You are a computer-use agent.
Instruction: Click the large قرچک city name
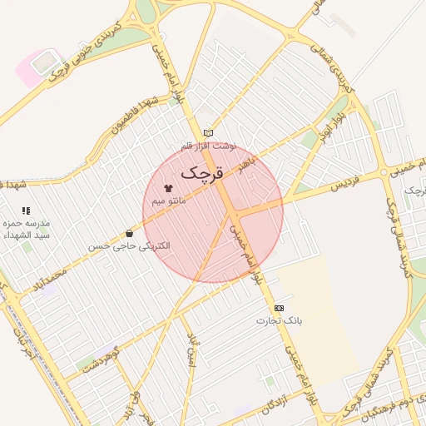[x=202, y=173]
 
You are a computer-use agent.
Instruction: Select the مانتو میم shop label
[x=169, y=201]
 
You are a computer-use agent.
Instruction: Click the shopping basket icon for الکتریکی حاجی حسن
[x=129, y=234]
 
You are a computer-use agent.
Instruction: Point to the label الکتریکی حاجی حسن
[x=129, y=246]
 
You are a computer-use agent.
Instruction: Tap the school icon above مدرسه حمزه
[x=26, y=211]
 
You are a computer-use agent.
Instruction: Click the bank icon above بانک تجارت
[x=278, y=308]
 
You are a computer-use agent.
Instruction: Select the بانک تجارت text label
[x=280, y=320]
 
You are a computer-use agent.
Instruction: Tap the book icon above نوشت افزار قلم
[x=208, y=133]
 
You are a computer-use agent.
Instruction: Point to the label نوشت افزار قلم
[x=209, y=146]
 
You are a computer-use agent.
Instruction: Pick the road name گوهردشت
[x=104, y=358]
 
